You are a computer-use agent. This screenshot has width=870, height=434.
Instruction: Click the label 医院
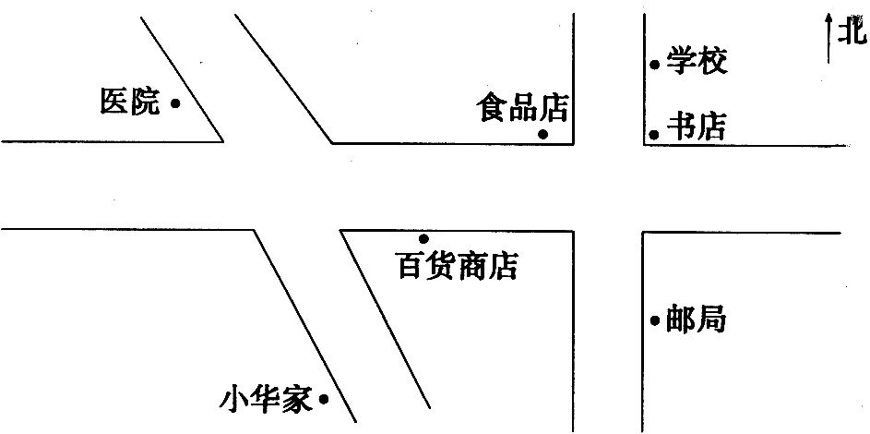tap(130, 102)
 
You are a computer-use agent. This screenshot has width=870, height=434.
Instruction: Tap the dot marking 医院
tap(174, 102)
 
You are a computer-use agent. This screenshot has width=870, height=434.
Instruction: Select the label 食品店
tap(523, 107)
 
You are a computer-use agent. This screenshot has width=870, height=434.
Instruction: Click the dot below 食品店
tap(543, 134)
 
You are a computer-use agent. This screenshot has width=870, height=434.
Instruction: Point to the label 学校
tap(697, 61)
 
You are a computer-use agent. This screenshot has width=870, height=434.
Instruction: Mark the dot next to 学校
tap(655, 65)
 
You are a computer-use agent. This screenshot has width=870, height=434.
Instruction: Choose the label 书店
tap(697, 127)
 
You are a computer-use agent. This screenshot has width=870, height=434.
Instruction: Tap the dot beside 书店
tap(654, 134)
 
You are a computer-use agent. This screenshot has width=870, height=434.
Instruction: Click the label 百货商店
tap(458, 266)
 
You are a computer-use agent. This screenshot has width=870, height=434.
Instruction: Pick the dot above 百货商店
tap(423, 238)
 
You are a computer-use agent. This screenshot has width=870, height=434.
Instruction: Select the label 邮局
tap(696, 319)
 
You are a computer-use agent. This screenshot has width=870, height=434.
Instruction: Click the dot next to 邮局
tap(655, 320)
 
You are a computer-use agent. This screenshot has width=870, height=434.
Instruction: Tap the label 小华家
tap(266, 400)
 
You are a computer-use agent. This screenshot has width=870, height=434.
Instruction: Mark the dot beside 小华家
tap(324, 399)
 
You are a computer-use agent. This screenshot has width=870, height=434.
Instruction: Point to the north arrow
tap(828, 39)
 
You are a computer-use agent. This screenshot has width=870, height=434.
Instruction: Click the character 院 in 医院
tap(146, 102)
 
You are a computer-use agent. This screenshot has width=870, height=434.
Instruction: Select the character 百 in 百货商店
tap(411, 266)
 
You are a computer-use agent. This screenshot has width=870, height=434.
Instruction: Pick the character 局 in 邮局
tap(711, 319)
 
